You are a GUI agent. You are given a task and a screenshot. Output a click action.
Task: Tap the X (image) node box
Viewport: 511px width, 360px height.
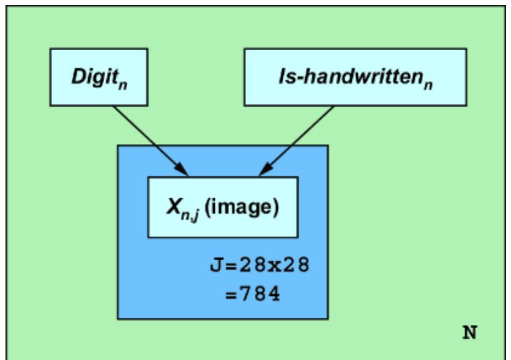(x=223, y=208)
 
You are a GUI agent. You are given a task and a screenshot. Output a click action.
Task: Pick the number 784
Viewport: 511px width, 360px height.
(x=261, y=293)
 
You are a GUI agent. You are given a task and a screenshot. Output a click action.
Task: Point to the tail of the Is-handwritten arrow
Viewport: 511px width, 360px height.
(x=334, y=107)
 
